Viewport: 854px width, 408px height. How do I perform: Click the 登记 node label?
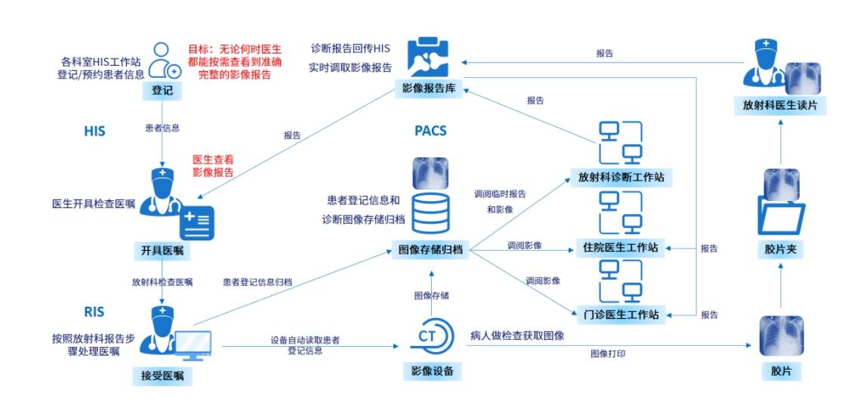[x=162, y=91]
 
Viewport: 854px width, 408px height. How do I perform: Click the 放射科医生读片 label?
[x=780, y=107]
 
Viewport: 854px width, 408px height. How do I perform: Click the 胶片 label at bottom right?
[x=780, y=372]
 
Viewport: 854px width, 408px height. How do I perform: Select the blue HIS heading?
[x=94, y=131]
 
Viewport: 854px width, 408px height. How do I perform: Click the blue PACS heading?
[x=430, y=131]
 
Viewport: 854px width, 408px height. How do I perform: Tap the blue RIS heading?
[x=94, y=311]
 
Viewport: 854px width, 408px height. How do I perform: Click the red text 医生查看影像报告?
[x=213, y=166]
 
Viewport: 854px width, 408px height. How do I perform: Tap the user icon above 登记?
[x=162, y=60]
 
